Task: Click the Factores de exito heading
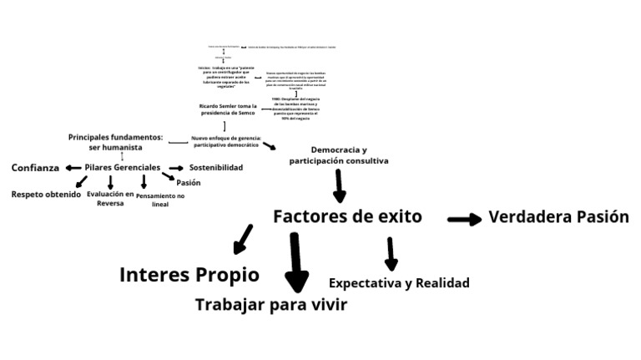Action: tap(347, 217)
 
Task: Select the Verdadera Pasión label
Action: tap(558, 217)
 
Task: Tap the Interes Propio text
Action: tap(189, 275)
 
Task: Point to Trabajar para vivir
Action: tap(270, 305)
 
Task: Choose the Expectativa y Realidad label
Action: tap(399, 283)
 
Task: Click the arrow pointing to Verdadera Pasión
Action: tap(465, 219)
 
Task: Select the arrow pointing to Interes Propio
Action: tap(243, 238)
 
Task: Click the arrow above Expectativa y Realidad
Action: tap(391, 253)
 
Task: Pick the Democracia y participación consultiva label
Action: tap(339, 155)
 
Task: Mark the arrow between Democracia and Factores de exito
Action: tap(339, 185)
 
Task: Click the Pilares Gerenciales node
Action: tap(122, 168)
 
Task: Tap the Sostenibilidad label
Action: tap(215, 168)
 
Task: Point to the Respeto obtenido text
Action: tap(46, 195)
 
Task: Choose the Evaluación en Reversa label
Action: tap(110, 197)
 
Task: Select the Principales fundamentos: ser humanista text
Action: tap(115, 141)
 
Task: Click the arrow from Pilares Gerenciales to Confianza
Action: tap(73, 168)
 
